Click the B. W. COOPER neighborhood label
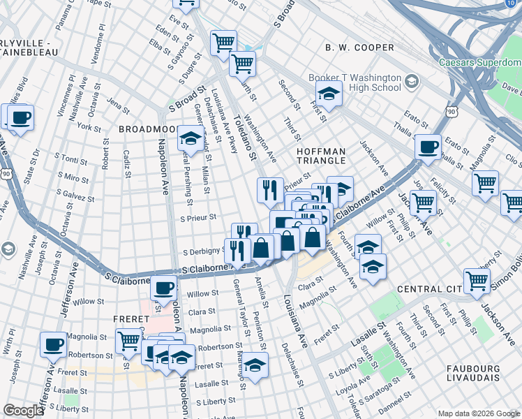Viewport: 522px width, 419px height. click(x=359, y=47)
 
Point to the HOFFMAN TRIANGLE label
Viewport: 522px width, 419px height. click(x=321, y=156)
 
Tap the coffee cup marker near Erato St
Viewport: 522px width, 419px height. click(x=427, y=146)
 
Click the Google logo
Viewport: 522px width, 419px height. click(x=24, y=411)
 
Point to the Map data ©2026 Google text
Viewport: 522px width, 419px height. click(x=478, y=413)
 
